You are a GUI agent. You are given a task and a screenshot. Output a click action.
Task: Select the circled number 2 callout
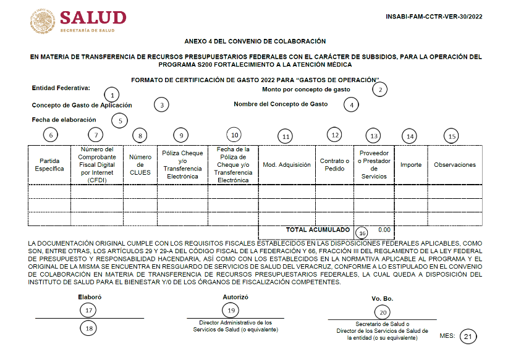(x=380, y=90)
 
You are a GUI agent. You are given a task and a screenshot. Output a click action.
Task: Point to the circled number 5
(x=119, y=120)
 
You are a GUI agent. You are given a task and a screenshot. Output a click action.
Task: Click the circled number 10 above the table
(x=234, y=135)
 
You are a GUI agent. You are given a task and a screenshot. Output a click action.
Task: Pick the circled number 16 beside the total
(x=362, y=232)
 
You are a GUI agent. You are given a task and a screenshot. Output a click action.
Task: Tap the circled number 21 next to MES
(x=470, y=336)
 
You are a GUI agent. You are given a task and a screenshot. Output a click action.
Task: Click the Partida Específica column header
(x=49, y=165)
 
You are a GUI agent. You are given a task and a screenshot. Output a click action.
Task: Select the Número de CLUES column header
(x=140, y=165)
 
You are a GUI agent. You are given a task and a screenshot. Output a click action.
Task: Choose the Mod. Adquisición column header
(x=287, y=165)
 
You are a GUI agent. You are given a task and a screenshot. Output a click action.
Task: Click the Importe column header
(x=411, y=165)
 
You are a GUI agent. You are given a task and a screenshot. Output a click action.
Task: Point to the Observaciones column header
(x=455, y=165)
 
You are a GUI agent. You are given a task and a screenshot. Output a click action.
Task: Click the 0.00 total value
(x=384, y=230)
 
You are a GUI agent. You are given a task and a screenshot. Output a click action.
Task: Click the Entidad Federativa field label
(x=61, y=88)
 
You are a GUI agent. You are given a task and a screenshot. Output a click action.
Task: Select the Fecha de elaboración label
(x=64, y=119)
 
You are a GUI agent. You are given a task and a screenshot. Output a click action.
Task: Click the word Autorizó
(x=235, y=296)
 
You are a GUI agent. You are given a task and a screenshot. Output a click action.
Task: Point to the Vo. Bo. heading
(x=382, y=299)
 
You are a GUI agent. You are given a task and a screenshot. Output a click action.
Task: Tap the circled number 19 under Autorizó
(x=231, y=310)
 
